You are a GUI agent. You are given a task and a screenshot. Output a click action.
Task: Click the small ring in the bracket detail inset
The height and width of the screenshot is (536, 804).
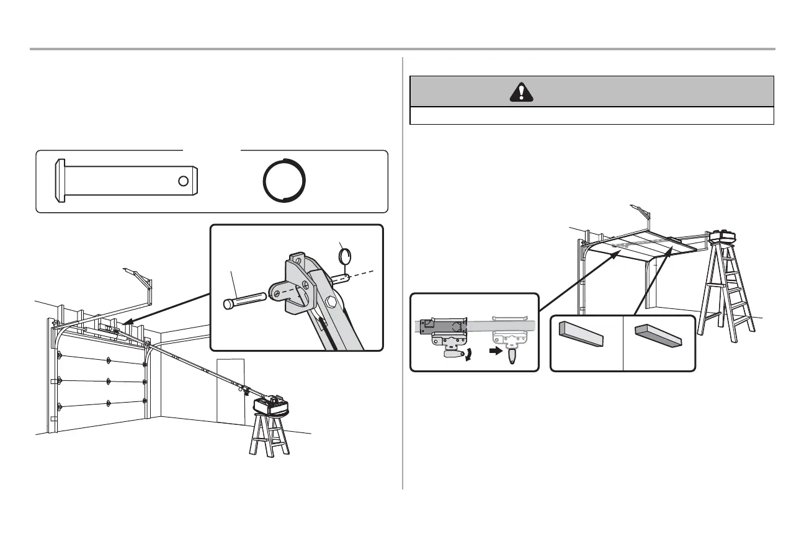point(347,255)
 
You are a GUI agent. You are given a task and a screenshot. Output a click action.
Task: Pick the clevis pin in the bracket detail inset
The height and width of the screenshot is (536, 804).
point(244,298)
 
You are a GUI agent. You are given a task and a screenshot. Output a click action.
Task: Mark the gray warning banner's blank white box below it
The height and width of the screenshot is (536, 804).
point(592,116)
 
